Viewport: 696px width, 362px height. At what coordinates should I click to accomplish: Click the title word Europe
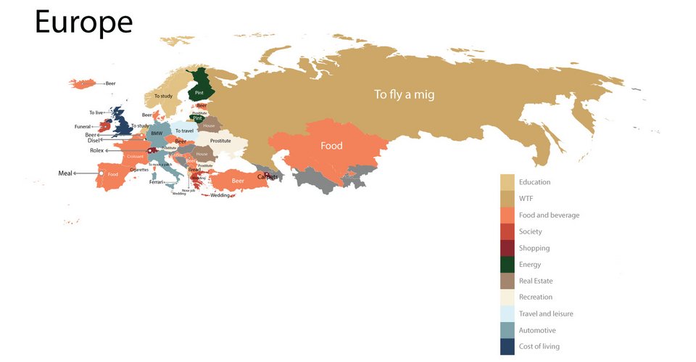(x=83, y=23)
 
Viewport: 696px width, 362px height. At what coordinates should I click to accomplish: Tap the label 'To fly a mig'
(x=404, y=94)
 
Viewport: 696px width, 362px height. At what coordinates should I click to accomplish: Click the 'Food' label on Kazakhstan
(x=331, y=146)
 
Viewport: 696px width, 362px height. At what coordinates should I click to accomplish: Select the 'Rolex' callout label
(x=97, y=150)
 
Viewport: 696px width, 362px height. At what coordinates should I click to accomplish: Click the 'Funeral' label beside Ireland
(x=83, y=127)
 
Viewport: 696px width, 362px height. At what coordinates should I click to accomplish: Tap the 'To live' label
(x=97, y=112)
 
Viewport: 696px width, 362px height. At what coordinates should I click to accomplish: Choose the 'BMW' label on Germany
(x=157, y=133)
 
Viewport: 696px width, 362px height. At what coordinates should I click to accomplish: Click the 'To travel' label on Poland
(x=184, y=131)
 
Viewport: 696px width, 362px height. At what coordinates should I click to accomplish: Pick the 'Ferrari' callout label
(x=156, y=182)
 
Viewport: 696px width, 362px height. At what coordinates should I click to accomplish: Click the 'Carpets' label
(x=268, y=176)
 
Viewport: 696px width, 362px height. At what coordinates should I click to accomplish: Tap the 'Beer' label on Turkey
(x=237, y=180)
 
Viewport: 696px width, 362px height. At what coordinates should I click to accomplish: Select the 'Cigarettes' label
(x=139, y=170)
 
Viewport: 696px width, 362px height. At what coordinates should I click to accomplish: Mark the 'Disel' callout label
(x=94, y=141)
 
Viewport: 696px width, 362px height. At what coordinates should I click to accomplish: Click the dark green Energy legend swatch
(x=508, y=264)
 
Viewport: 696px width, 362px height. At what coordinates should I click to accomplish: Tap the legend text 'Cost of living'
(x=539, y=347)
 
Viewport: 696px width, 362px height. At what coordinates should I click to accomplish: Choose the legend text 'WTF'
(x=526, y=198)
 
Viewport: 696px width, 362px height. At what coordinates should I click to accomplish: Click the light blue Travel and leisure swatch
(x=508, y=313)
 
